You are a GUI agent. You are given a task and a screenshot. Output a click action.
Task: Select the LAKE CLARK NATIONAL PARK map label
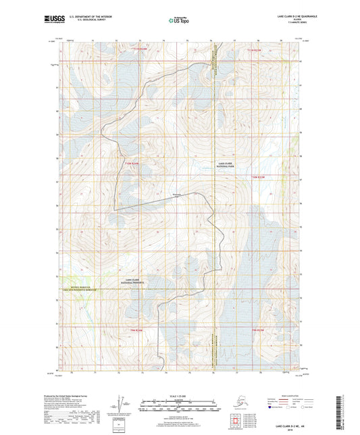tap(225, 165)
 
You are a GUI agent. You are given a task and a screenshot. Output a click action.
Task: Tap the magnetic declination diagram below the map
tap(120, 403)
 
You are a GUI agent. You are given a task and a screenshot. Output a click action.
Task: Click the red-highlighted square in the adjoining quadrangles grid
tap(242, 413)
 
